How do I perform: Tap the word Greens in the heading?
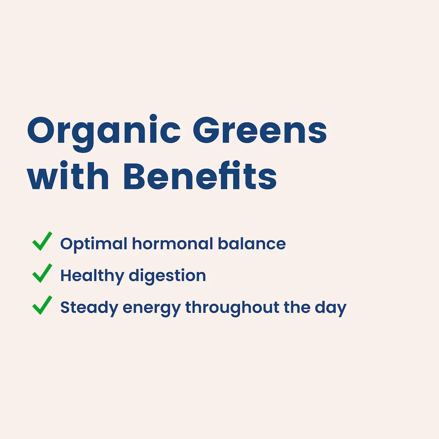260,130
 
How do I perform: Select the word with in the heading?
68,176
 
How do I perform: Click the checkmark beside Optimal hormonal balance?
42,241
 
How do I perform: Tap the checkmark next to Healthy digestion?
42,273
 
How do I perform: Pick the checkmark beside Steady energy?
42,305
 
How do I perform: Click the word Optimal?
94,244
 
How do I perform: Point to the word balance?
252,243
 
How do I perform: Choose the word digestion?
168,276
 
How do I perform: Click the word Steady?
89,308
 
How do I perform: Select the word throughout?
232,308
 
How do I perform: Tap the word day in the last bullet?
331,308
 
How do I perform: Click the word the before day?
297,307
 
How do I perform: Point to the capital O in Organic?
41,131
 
